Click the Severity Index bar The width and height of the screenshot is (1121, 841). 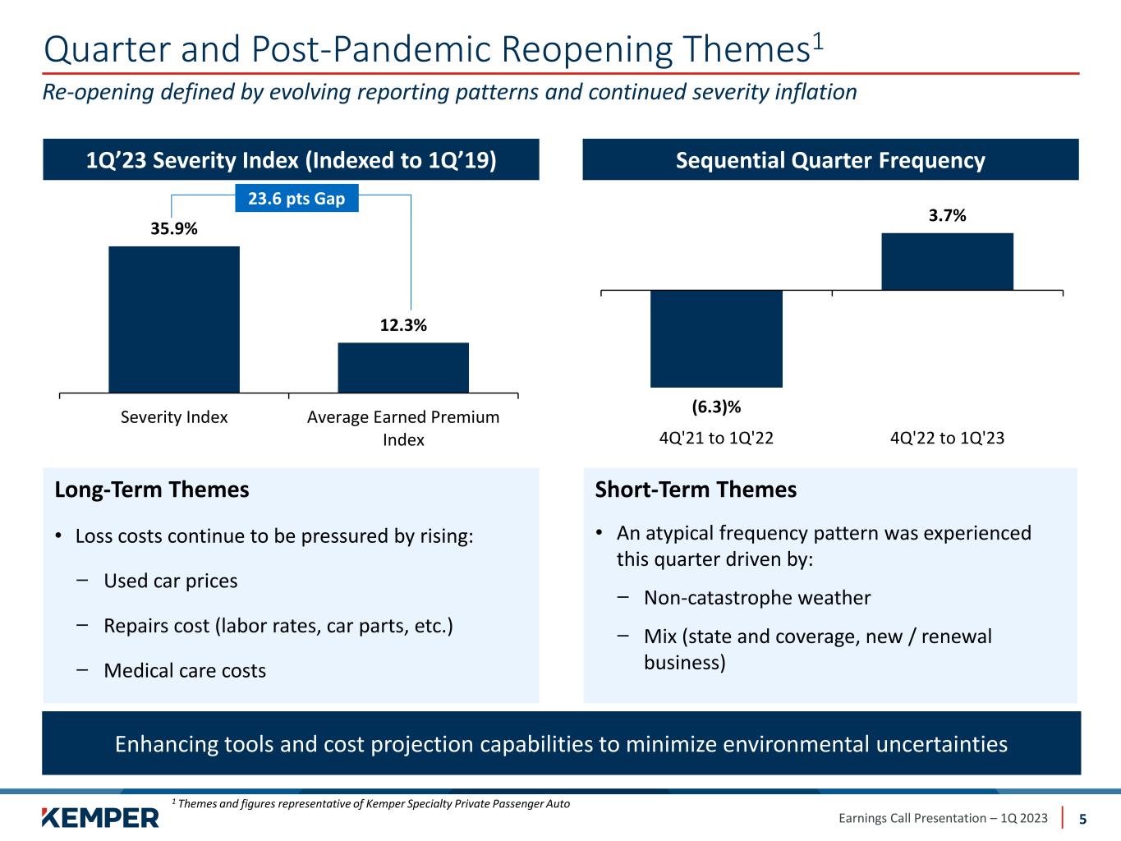click(174, 319)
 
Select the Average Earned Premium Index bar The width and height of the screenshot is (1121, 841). click(403, 367)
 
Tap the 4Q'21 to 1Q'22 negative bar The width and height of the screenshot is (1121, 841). click(716, 338)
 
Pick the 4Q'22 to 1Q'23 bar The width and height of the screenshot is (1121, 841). click(947, 261)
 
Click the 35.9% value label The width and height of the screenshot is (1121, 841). click(174, 229)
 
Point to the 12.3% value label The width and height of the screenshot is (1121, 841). click(403, 325)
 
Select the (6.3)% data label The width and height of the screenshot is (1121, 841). click(716, 407)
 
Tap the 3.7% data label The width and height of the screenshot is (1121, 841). click(947, 216)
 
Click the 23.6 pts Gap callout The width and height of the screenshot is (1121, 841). click(296, 199)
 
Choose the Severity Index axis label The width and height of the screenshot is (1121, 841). click(174, 417)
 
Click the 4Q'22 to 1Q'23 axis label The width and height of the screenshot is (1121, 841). click(947, 438)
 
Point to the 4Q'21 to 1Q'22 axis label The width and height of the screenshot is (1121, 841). click(716, 438)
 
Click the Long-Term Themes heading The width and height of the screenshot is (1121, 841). click(151, 490)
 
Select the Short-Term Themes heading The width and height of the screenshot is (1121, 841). click(695, 490)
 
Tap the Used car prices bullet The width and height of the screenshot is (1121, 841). click(170, 581)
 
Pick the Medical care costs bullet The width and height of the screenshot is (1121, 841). click(184, 671)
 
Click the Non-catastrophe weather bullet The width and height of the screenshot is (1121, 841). click(756, 598)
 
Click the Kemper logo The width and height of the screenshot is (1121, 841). click(100, 817)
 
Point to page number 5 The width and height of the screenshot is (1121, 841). click(1082, 819)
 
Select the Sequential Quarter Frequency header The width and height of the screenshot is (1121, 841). click(830, 160)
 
